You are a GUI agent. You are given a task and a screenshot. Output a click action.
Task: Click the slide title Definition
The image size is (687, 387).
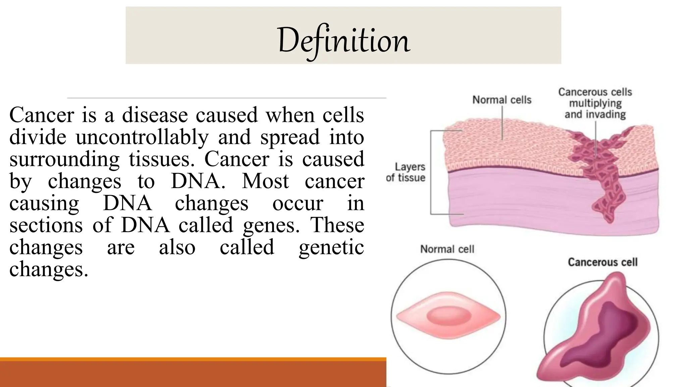(343, 40)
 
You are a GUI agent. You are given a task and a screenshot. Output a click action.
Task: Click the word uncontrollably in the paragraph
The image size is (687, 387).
(142, 137)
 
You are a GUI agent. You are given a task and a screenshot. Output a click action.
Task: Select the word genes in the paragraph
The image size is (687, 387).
(271, 225)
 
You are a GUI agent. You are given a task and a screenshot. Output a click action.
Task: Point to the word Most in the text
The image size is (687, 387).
(265, 181)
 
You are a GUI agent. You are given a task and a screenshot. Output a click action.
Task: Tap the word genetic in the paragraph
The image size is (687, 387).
(331, 247)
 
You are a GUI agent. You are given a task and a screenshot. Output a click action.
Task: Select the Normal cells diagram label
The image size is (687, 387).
(502, 100)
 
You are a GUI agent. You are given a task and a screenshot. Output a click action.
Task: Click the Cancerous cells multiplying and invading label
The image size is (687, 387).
(595, 103)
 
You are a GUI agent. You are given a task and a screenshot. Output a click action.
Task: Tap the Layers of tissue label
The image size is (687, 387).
(406, 172)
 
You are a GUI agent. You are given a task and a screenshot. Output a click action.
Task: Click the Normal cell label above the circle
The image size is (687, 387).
(447, 249)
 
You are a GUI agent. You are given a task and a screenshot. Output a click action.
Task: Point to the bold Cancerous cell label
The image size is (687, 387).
(602, 262)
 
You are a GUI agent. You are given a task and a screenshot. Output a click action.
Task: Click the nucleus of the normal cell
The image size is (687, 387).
(448, 316)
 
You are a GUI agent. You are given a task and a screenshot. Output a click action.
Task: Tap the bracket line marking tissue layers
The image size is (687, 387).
(431, 172)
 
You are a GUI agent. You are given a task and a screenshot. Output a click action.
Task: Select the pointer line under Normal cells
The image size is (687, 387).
(502, 124)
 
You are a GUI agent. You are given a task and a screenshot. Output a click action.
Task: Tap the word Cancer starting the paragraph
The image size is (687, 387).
(42, 115)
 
